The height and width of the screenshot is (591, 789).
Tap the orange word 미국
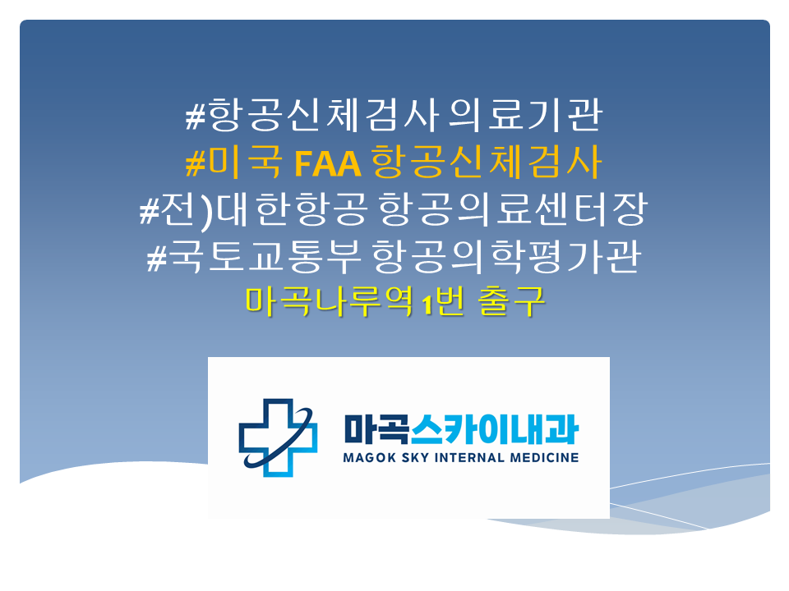click(245, 162)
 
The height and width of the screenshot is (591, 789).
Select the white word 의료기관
click(525, 115)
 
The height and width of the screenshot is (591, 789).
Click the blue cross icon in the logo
click(278, 438)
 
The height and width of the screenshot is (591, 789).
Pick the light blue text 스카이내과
click(495, 429)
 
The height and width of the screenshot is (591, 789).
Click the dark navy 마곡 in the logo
click(376, 429)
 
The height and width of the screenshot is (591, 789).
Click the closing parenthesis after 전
click(205, 212)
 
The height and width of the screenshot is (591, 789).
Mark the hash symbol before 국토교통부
click(156, 259)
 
